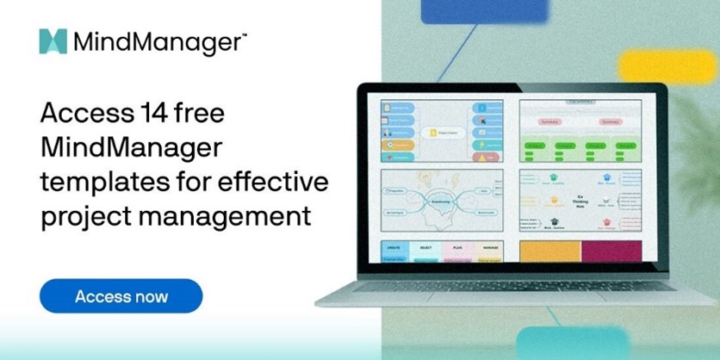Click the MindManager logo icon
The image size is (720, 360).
[53, 40]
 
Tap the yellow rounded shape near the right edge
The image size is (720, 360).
[668, 65]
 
